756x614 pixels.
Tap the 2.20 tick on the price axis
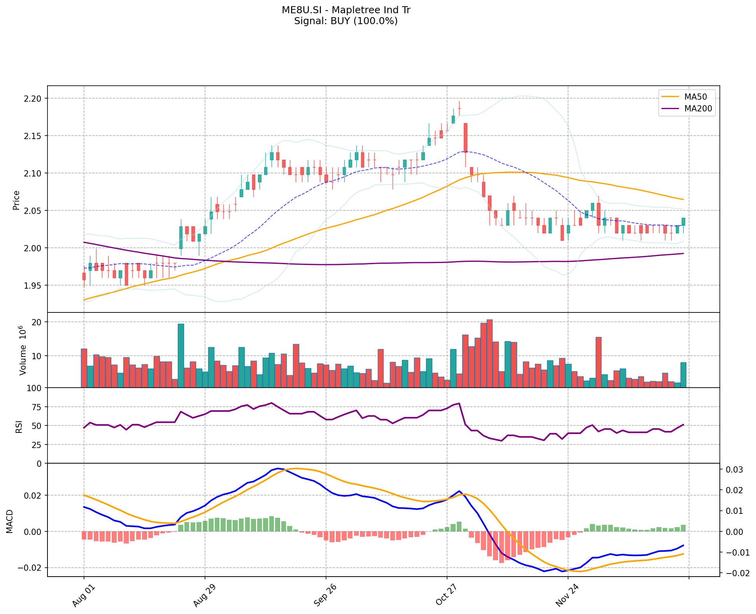click(x=33, y=99)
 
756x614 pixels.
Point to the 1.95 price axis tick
click(x=33, y=286)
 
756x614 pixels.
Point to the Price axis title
click(x=16, y=200)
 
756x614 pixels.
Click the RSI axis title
click(x=19, y=426)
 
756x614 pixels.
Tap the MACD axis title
click(x=10, y=522)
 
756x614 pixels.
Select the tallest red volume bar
click(x=489, y=354)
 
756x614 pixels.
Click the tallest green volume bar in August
click(x=181, y=355)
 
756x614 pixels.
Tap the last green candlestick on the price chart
click(x=683, y=221)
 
